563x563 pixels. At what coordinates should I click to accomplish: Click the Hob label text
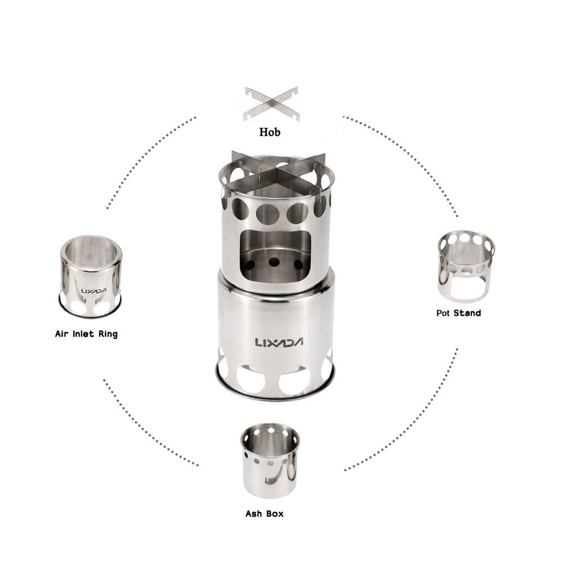point(270,133)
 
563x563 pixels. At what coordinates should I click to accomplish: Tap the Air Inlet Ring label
point(86,334)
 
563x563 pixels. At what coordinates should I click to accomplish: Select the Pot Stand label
point(458,312)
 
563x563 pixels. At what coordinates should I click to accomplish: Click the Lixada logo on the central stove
point(279,342)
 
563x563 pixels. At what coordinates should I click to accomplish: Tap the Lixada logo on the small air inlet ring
point(90,291)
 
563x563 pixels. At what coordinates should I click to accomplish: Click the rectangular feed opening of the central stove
point(275,253)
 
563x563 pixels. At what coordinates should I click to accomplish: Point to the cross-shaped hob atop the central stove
point(277,172)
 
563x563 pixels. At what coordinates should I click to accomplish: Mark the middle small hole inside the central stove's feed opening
point(275,262)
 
